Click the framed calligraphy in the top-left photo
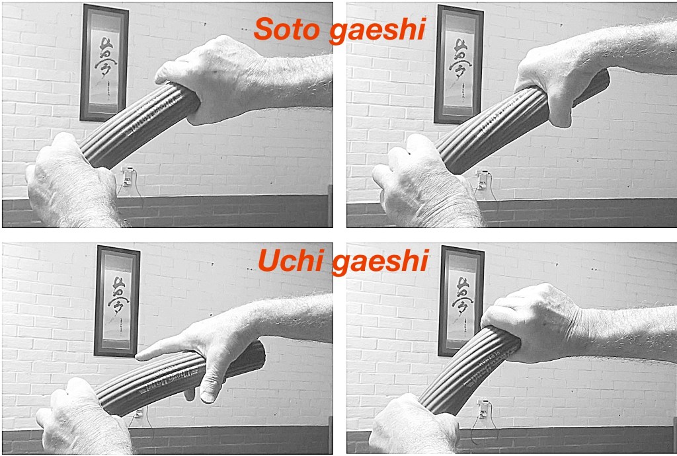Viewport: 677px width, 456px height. [x=104, y=63]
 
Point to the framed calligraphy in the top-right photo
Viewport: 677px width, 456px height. [x=459, y=64]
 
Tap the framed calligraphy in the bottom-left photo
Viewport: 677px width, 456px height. [x=117, y=301]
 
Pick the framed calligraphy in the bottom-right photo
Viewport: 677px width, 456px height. [x=461, y=301]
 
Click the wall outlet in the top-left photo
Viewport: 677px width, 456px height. [x=128, y=176]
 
